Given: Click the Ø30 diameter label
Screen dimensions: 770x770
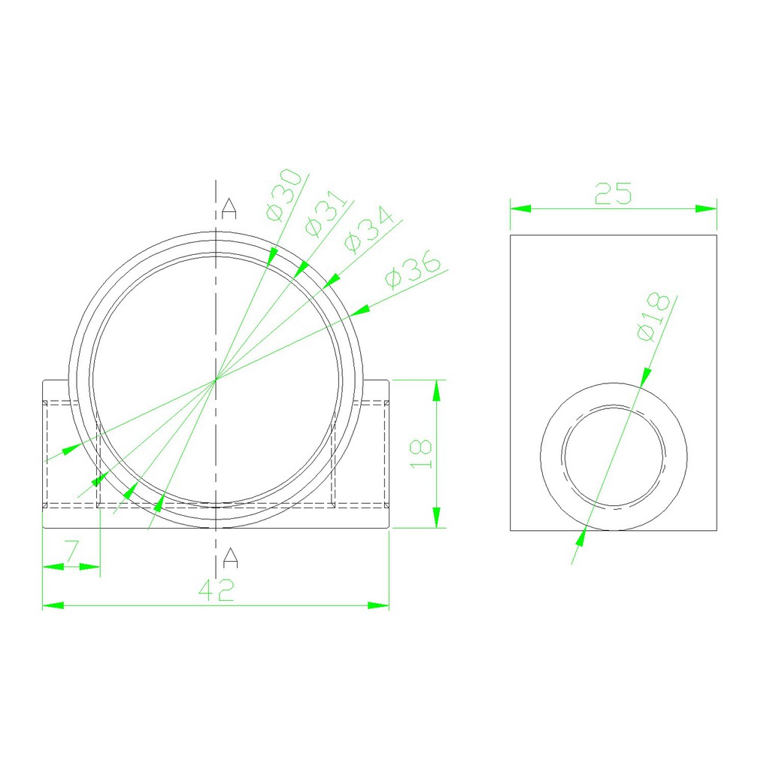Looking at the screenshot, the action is pyautogui.click(x=283, y=195).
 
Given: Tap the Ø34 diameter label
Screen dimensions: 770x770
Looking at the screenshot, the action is pyautogui.click(x=368, y=230).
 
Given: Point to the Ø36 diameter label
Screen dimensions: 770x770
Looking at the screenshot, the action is pyautogui.click(x=413, y=269).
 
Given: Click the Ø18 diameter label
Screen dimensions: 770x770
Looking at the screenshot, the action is pyautogui.click(x=653, y=317).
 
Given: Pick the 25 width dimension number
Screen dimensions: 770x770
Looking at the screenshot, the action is pyautogui.click(x=613, y=193).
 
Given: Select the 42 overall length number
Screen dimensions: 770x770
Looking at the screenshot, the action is pyautogui.click(x=217, y=590).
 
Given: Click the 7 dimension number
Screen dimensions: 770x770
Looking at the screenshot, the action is pyautogui.click(x=72, y=551).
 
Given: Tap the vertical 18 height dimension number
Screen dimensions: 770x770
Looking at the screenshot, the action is pyautogui.click(x=421, y=453).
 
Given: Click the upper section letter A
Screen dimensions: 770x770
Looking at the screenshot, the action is pyautogui.click(x=229, y=209).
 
